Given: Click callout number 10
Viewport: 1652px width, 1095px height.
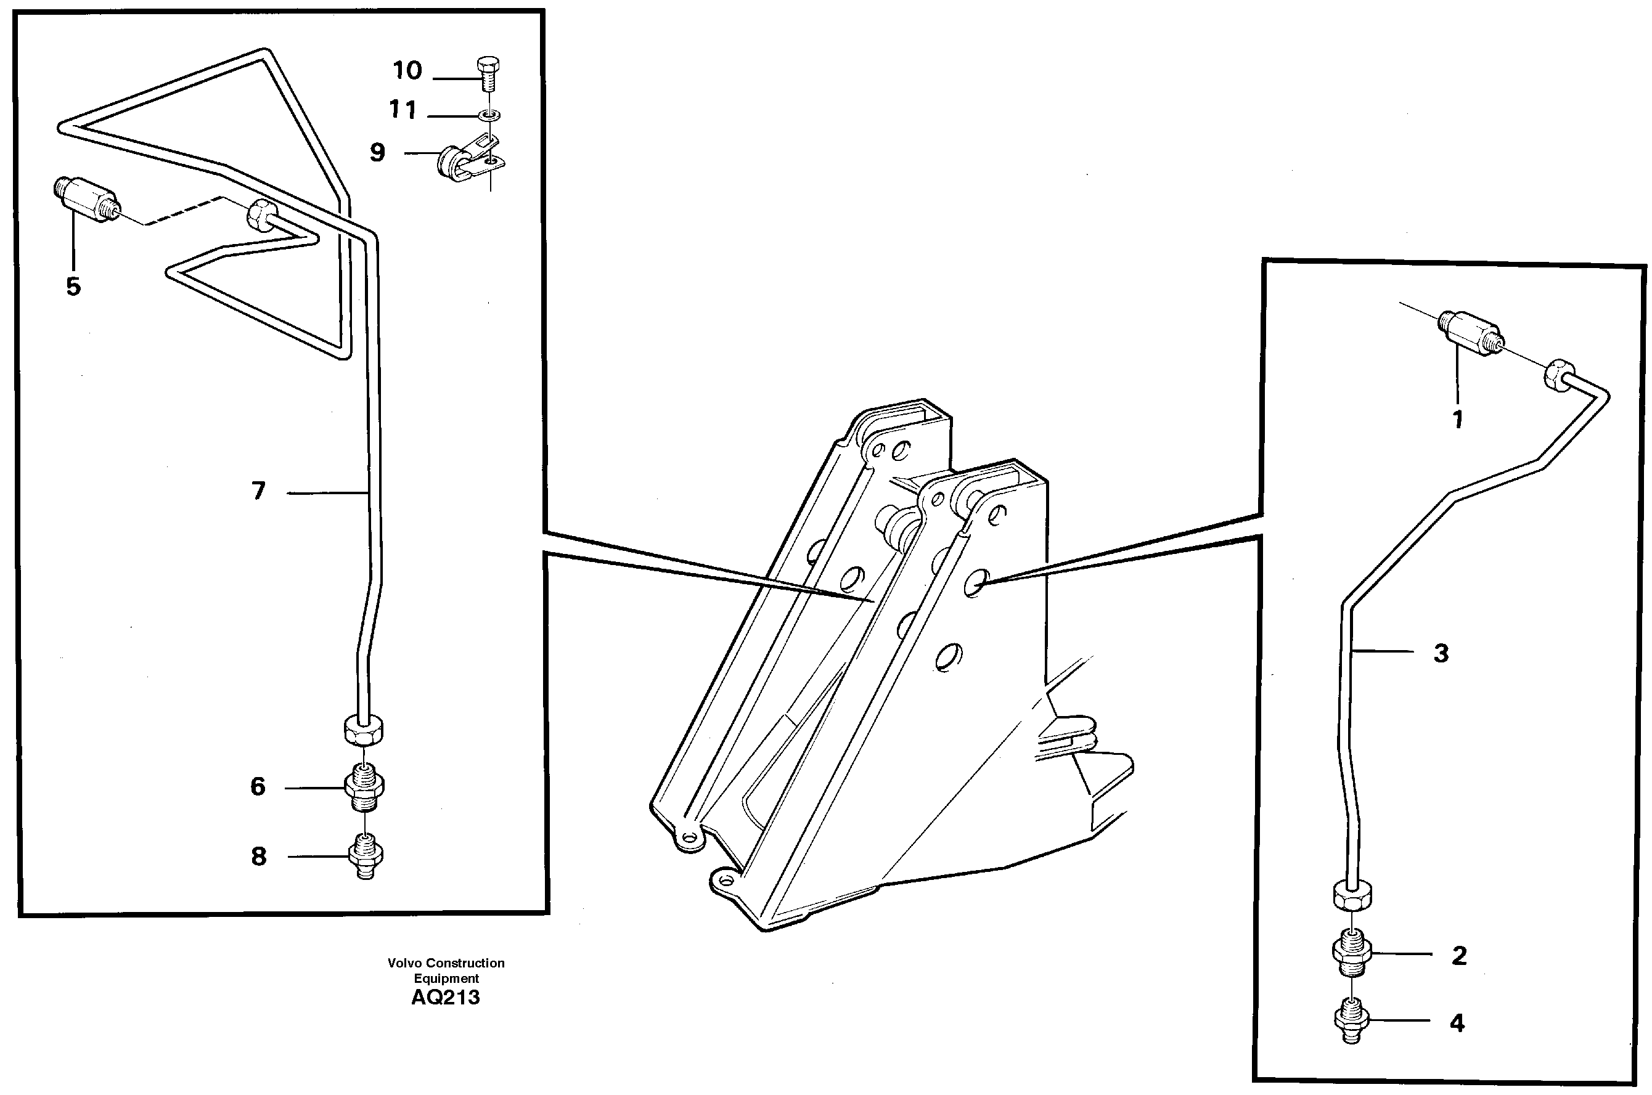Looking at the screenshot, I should click(407, 70).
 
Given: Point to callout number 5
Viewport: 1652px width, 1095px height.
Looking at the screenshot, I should click(73, 287).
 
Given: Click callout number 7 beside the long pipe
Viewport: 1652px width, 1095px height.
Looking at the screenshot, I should click(258, 492).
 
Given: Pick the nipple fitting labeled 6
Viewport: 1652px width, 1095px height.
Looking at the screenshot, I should click(364, 788).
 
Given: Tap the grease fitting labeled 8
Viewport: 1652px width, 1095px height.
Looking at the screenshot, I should click(365, 856).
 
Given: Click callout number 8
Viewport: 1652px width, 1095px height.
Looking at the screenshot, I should click(258, 856).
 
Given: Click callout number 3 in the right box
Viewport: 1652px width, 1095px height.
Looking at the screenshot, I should click(1441, 654).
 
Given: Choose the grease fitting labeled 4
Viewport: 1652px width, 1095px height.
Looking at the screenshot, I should click(1351, 1021).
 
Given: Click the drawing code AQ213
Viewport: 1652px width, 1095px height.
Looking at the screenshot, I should click(445, 998).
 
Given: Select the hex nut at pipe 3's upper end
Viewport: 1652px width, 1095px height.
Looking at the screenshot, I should click(1557, 375).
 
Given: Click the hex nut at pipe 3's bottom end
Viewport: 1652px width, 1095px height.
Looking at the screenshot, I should click(1352, 895).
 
